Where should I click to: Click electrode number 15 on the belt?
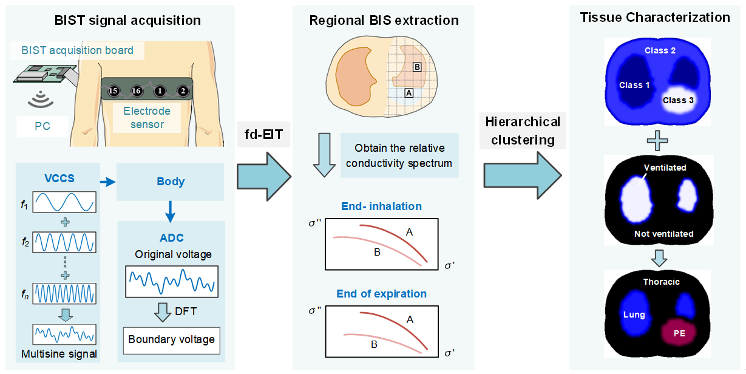tap(113, 92)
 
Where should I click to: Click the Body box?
tap(171, 182)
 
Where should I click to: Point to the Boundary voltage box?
tap(171, 340)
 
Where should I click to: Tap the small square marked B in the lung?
tap(417, 67)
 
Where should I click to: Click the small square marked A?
tap(409, 93)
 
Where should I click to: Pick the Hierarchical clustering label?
tap(523, 131)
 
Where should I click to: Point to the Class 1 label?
tap(634, 85)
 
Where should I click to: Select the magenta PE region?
tap(679, 333)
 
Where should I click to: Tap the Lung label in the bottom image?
tap(634, 314)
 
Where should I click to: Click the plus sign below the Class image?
tap(659, 142)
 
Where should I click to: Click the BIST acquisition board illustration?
tap(42, 72)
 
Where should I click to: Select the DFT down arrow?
tap(162, 311)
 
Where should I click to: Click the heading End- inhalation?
tap(382, 206)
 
